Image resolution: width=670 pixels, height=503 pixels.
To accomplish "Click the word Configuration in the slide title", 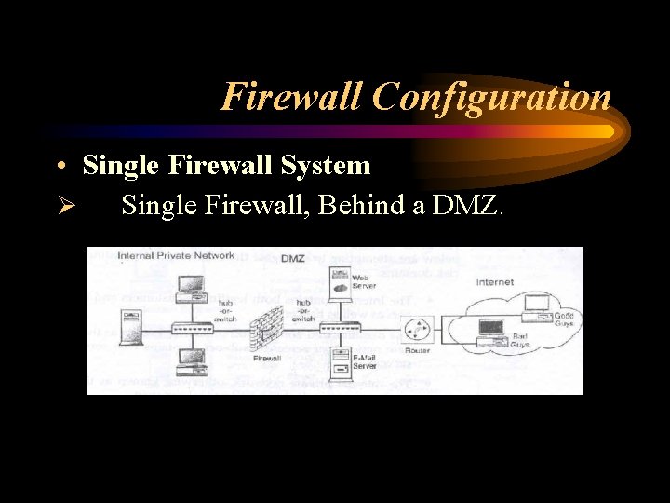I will click(491, 97).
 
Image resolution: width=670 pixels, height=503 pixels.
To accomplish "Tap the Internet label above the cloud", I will click(495, 281).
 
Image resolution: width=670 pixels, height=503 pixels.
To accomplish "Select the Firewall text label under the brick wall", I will click(268, 359).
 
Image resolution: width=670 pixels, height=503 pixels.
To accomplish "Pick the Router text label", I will click(418, 351).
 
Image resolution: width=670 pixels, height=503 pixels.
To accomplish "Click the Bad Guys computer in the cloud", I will click(489, 327).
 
